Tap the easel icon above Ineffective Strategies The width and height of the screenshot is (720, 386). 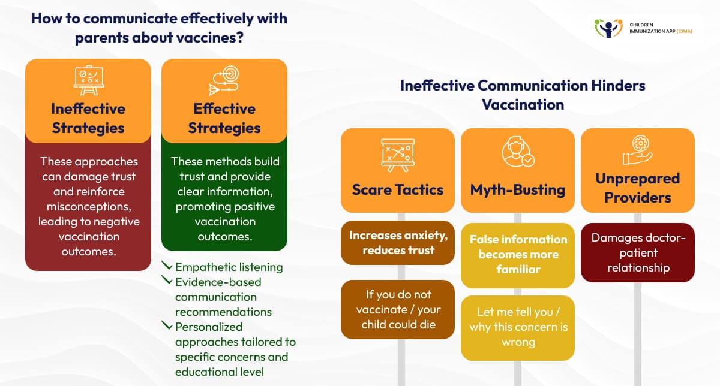[x=88, y=80]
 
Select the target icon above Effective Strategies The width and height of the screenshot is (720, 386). [x=224, y=80]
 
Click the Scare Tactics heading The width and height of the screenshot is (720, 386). [x=398, y=190]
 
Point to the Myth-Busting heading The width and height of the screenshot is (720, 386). [x=518, y=190]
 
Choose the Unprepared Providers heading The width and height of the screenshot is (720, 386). [x=637, y=187]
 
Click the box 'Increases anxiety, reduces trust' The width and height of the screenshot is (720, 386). [x=398, y=243]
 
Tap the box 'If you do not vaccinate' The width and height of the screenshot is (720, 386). [x=398, y=309]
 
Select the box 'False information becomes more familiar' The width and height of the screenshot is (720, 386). [x=518, y=254]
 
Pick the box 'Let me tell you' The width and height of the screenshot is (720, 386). [x=518, y=327]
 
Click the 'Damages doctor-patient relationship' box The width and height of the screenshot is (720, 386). [x=637, y=252]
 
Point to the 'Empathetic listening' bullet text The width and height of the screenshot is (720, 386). [x=229, y=267]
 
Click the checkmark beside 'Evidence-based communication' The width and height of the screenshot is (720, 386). [x=167, y=281]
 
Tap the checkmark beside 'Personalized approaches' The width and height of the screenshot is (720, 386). [x=167, y=326]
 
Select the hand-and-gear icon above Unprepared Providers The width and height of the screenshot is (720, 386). [x=637, y=150]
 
